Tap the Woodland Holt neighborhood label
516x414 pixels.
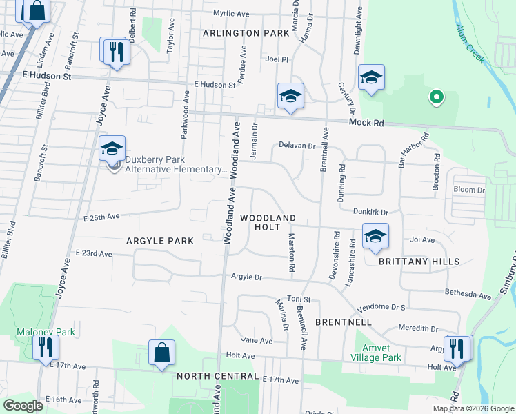(x=268, y=222)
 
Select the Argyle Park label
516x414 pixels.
(x=159, y=241)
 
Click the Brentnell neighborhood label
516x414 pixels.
(x=344, y=322)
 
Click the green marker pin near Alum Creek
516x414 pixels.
(x=435, y=99)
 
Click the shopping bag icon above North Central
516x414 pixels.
(x=161, y=354)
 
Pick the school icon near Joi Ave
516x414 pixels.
(x=375, y=236)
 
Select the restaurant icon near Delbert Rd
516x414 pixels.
(x=115, y=52)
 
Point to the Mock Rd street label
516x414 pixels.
(x=365, y=122)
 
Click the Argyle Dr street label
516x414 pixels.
(x=248, y=277)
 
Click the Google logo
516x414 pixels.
(x=23, y=406)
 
